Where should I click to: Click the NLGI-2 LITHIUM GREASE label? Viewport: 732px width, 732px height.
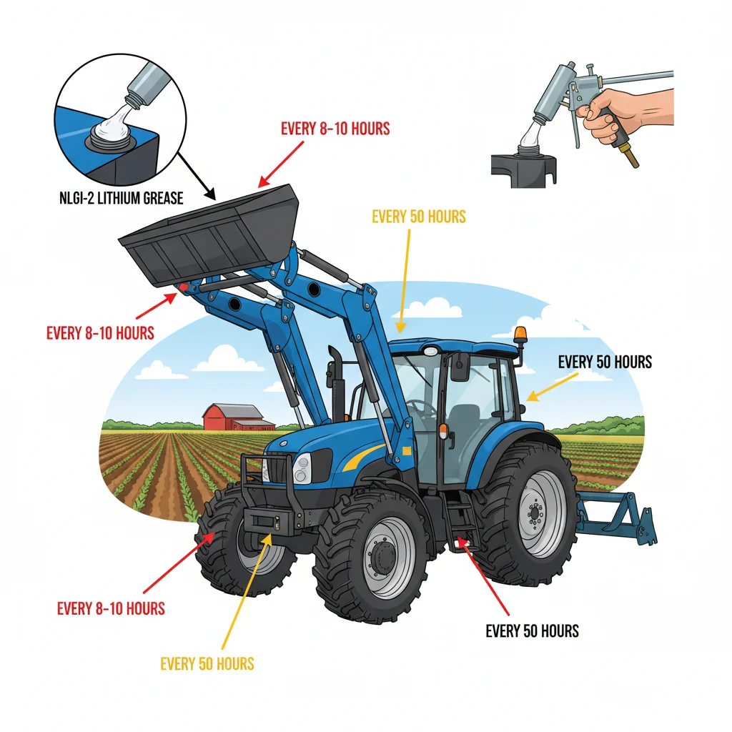click(121, 198)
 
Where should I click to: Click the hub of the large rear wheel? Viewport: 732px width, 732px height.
click(533, 513)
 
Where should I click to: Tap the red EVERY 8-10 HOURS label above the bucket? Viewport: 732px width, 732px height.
click(335, 129)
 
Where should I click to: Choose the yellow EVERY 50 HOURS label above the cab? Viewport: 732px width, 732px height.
click(418, 216)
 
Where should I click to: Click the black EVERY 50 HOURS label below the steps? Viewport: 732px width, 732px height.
click(532, 631)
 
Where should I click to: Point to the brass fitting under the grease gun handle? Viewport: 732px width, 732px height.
click(630, 156)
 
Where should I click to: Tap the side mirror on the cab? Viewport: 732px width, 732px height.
click(460, 366)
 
